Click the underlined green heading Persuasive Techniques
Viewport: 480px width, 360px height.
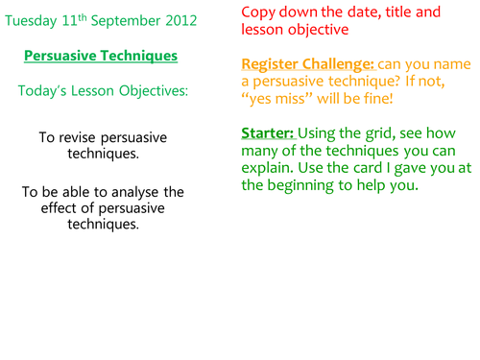(x=113, y=56)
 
